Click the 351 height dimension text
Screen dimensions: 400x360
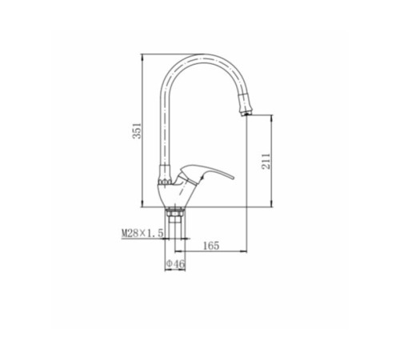click(x=137, y=130)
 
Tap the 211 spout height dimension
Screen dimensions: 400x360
click(x=266, y=161)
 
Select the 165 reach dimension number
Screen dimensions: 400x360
click(x=211, y=246)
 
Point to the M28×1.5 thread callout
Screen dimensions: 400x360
click(x=142, y=234)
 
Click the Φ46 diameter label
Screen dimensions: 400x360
click(x=175, y=264)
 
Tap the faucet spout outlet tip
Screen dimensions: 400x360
click(x=246, y=114)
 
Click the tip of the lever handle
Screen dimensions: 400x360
click(x=234, y=178)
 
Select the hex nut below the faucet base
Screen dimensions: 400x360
click(x=174, y=214)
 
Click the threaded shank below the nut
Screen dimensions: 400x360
click(x=175, y=226)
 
